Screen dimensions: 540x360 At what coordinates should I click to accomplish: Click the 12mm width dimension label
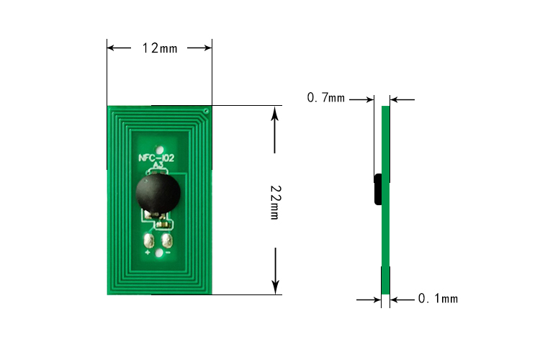pyautogui.click(x=160, y=48)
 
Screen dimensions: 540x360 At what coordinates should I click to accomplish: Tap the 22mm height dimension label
pyautogui.click(x=275, y=202)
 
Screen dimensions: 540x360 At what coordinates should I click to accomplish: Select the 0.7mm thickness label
pyautogui.click(x=325, y=98)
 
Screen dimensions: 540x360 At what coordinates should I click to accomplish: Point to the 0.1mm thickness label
pyautogui.click(x=438, y=298)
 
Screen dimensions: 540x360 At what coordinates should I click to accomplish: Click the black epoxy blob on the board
pyautogui.click(x=158, y=194)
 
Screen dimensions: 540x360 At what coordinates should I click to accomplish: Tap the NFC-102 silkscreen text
pyautogui.click(x=156, y=158)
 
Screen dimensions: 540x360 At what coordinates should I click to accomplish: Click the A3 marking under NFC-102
pyautogui.click(x=158, y=166)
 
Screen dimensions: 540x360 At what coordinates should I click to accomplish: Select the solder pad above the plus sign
pyautogui.click(x=149, y=240)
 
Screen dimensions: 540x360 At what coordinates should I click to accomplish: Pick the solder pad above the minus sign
pyautogui.click(x=167, y=240)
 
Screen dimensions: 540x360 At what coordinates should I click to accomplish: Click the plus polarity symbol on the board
pyautogui.click(x=148, y=253)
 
